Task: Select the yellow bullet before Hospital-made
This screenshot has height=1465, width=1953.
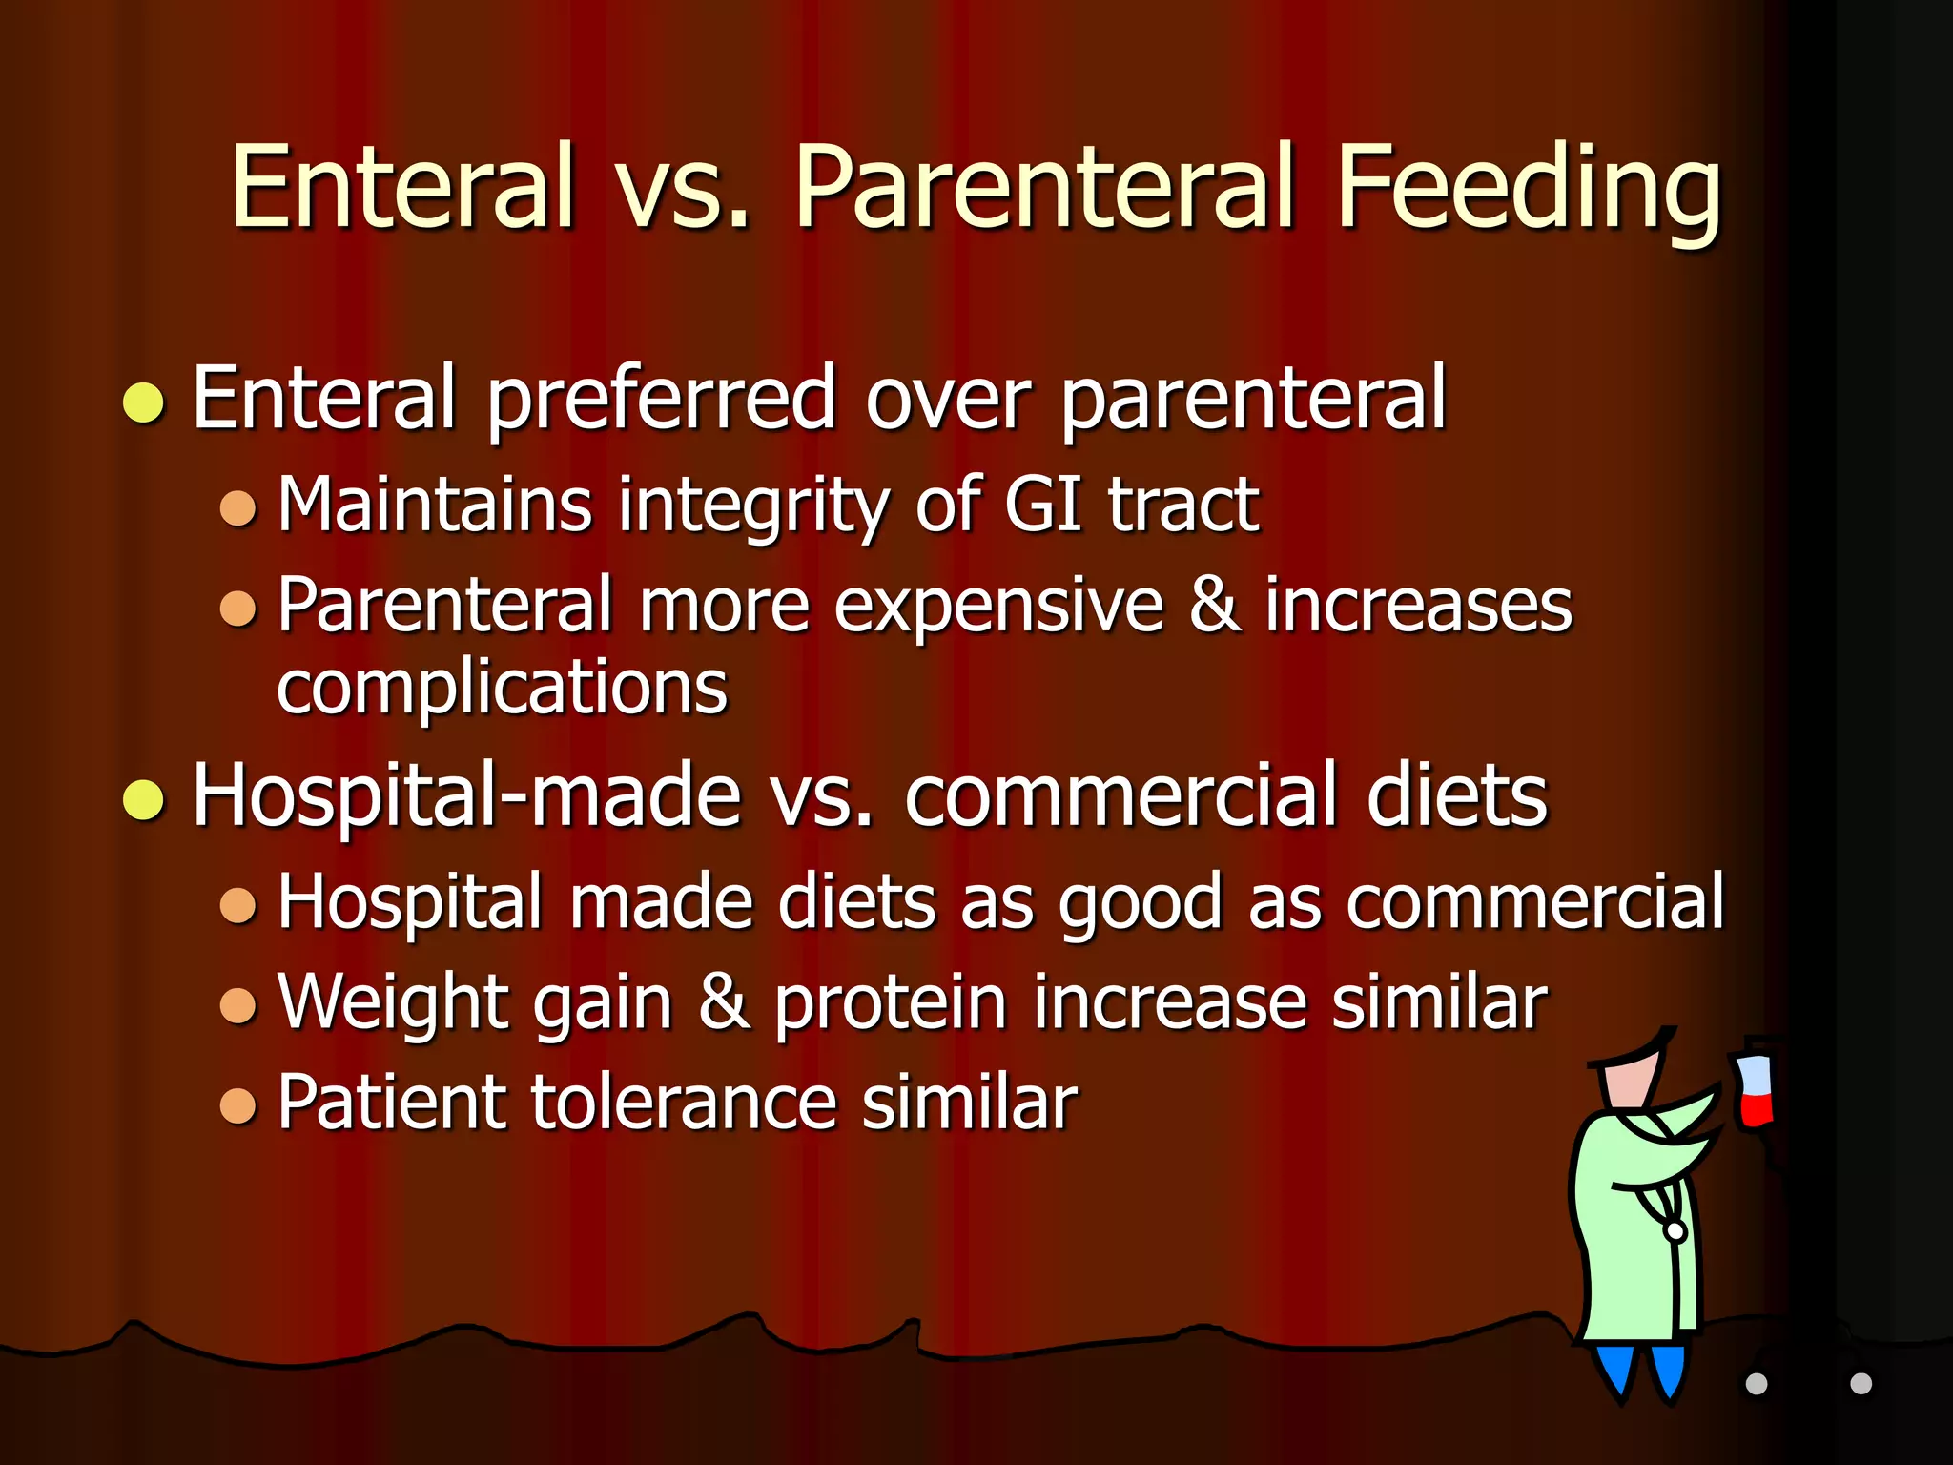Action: point(144,799)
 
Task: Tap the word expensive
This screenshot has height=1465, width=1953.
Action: point(998,607)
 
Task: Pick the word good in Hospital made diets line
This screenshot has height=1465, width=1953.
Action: point(1140,902)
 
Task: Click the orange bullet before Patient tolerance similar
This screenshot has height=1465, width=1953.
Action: point(237,1106)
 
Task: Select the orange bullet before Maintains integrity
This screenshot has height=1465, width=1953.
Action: point(237,507)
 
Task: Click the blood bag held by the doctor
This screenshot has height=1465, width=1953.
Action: point(1755,1090)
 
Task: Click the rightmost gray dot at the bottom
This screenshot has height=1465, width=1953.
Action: point(1860,1384)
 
